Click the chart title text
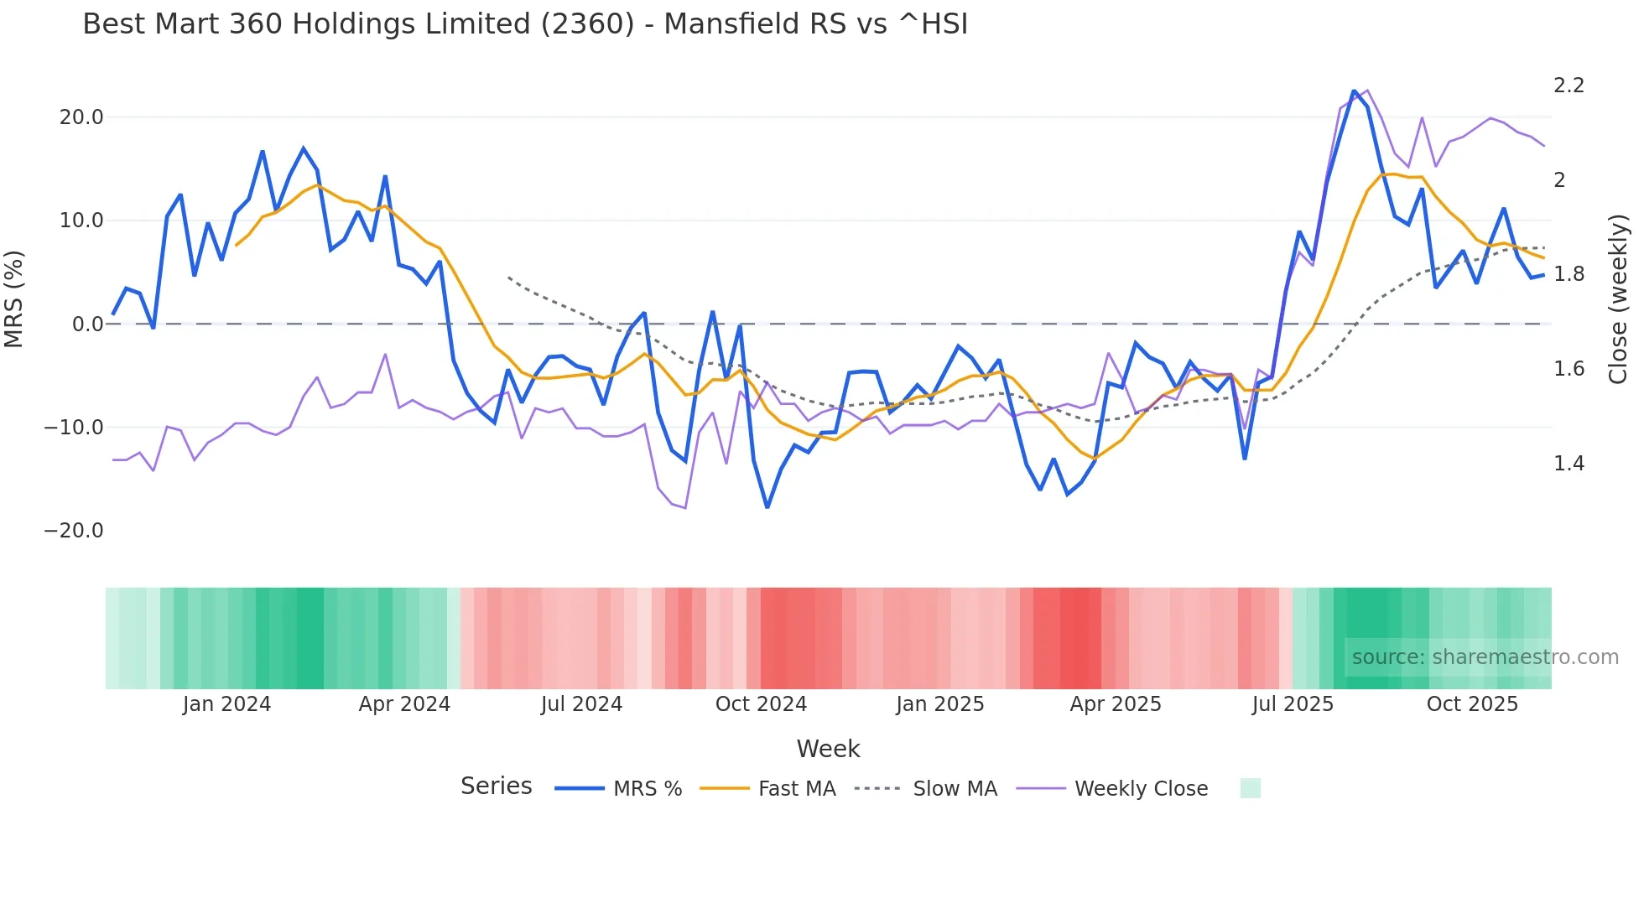tap(525, 24)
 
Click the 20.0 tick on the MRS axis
tap(81, 117)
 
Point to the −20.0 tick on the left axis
tap(74, 531)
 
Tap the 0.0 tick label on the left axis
tap(88, 324)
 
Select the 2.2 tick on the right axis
tap(1569, 86)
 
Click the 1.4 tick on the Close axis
tap(1569, 464)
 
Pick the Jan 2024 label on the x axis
tap(226, 704)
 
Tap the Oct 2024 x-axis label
tap(761, 704)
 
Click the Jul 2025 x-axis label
tap(1293, 704)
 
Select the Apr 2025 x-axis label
tap(1116, 704)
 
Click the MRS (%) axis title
tap(14, 299)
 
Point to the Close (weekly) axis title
tap(1618, 299)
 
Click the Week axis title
tap(828, 749)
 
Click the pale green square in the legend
tap(1250, 788)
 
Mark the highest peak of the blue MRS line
tap(1354, 91)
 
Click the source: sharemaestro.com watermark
tap(1485, 657)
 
